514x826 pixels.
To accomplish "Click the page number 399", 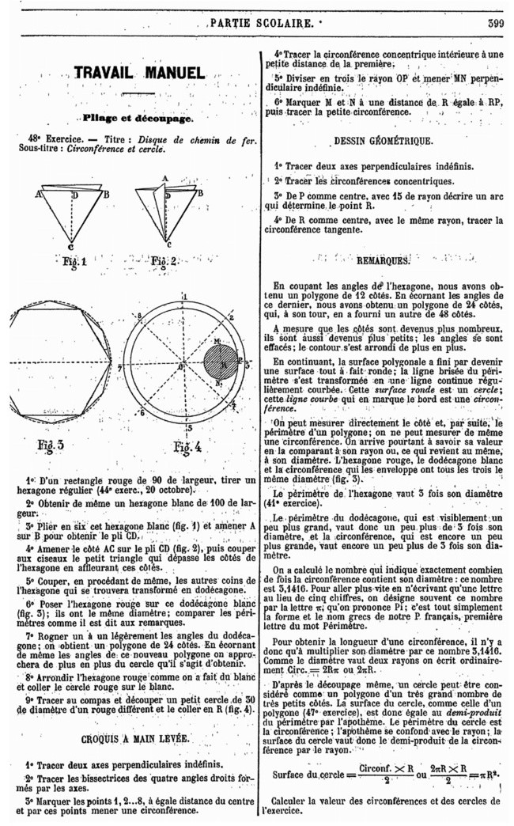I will coord(497,25).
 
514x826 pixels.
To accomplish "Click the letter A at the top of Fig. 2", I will coord(164,178).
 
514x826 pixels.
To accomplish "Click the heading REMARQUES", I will coord(383,260).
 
